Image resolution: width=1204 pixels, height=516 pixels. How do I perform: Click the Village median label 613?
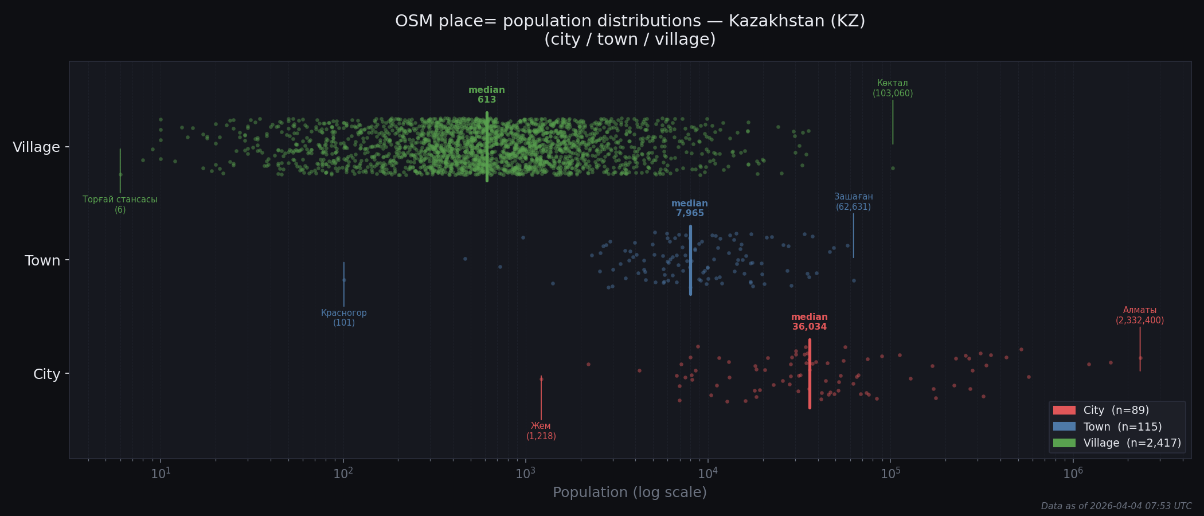click(486, 95)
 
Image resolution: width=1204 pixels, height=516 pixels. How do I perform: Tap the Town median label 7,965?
click(690, 209)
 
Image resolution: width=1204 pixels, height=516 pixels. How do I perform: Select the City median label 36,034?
click(809, 322)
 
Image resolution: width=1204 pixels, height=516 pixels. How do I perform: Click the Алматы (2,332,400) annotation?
click(1139, 315)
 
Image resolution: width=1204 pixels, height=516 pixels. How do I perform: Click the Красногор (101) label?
click(343, 318)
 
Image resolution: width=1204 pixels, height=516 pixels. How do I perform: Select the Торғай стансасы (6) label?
click(120, 204)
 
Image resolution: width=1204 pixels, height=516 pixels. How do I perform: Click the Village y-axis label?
click(36, 147)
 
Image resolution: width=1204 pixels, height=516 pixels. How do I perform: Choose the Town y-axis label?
click(42, 261)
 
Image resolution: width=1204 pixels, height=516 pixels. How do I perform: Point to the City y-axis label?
click(46, 374)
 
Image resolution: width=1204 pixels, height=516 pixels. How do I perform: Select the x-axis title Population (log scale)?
click(630, 492)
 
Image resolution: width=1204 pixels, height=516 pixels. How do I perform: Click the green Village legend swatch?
click(1064, 443)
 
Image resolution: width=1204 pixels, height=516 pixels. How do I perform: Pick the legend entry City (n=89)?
click(1115, 411)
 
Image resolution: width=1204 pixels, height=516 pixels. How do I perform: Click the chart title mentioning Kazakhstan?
click(630, 30)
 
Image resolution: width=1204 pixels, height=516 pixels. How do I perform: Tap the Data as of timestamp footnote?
click(1116, 506)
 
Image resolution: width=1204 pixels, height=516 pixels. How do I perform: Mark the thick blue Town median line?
click(690, 260)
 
